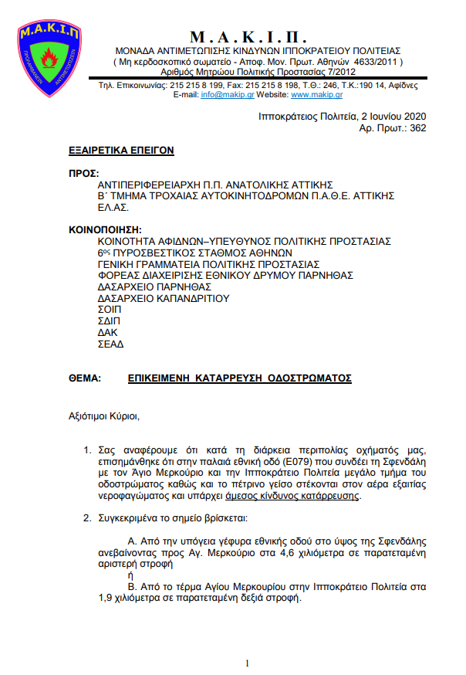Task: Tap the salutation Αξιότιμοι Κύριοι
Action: pos(104,417)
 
